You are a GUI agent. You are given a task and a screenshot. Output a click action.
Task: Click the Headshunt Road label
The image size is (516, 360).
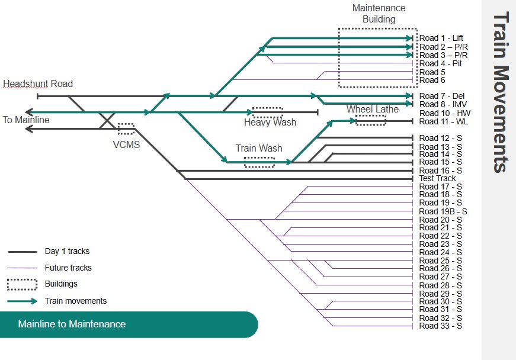[38, 83]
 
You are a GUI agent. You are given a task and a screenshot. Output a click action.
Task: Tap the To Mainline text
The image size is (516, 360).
[26, 120]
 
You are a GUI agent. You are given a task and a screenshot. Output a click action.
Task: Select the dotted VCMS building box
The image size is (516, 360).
[126, 128]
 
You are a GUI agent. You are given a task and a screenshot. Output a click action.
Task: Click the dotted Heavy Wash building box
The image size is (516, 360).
[267, 112]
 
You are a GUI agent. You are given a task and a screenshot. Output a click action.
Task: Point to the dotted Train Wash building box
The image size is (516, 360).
[259, 162]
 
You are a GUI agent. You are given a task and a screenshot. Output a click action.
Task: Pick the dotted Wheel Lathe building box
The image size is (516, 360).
[370, 120]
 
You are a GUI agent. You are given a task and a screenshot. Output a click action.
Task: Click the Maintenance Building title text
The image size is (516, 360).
[379, 14]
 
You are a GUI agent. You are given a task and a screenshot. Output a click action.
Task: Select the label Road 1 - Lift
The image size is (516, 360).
[441, 38]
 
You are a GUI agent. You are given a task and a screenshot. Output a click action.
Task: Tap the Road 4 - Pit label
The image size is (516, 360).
[441, 63]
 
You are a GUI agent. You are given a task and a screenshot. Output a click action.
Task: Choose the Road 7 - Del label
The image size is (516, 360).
[441, 96]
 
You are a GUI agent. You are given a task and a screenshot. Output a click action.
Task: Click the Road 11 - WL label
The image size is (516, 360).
[442, 121]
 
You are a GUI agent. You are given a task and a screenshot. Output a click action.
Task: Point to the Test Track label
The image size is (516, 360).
[437, 178]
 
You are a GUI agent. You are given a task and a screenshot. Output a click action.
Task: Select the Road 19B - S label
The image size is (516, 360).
[443, 211]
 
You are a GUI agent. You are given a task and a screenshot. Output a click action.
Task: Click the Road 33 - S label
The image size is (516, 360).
[440, 326]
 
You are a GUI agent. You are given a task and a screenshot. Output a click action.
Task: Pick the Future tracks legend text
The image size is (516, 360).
[68, 268]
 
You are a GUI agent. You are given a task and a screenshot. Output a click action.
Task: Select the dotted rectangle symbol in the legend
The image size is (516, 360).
[23, 284]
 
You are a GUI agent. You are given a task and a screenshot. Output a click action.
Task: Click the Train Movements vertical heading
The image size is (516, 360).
[499, 92]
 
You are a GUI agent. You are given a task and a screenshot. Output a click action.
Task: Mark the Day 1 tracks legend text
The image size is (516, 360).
[67, 251]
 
